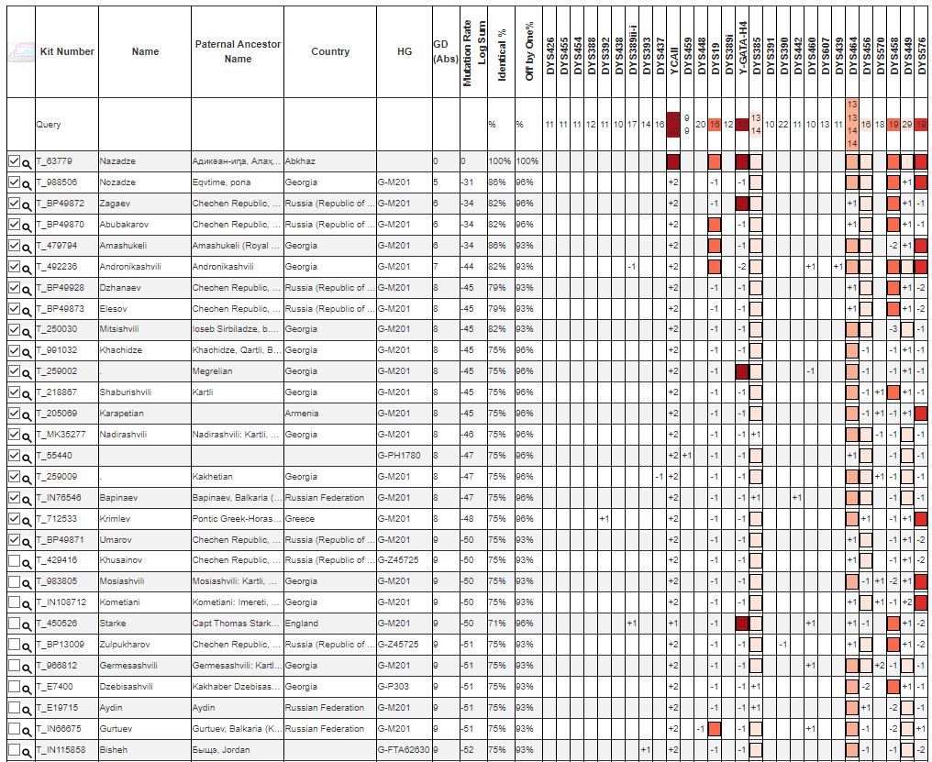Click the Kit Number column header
click(x=67, y=51)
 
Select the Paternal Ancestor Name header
click(x=238, y=51)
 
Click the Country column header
click(x=330, y=51)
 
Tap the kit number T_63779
click(x=54, y=161)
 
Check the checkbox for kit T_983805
click(x=13, y=581)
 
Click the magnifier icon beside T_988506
click(x=28, y=183)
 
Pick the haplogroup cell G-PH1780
click(x=400, y=456)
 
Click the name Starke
click(x=114, y=624)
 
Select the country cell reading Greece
click(x=299, y=518)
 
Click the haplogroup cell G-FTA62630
click(x=404, y=749)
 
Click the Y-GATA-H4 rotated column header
click(x=742, y=50)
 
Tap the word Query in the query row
click(x=48, y=125)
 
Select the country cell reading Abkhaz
click(x=300, y=161)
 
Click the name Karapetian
click(x=123, y=414)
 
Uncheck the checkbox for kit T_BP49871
click(x=13, y=539)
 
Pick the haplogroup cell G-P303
click(x=394, y=686)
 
